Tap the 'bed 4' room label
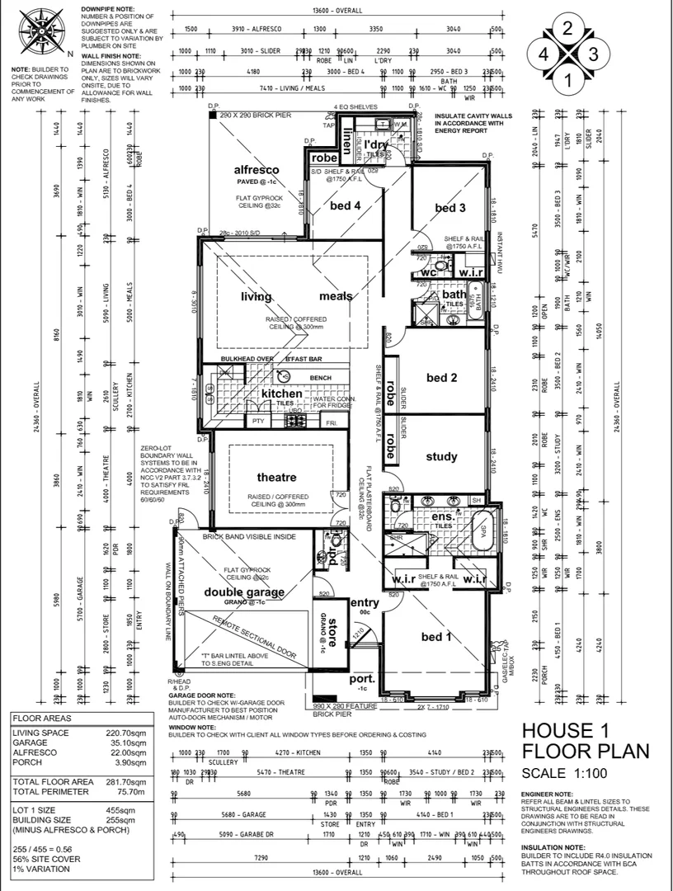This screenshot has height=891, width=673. coord(346,205)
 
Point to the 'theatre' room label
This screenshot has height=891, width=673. coord(276,478)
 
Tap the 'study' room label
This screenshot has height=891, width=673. coord(441,456)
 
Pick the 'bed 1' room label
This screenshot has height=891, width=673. coord(436,636)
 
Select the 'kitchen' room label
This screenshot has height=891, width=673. coord(282,394)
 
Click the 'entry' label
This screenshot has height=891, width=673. coord(365,603)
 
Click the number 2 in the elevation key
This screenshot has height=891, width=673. coord(567,27)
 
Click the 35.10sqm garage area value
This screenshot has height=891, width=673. coord(126,742)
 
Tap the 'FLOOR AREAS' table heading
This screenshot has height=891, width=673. coord(39,719)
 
